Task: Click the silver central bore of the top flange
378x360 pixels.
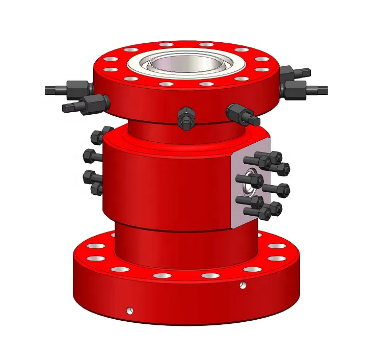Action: pyautogui.click(x=185, y=65)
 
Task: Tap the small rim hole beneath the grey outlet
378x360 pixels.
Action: pyautogui.click(x=242, y=285)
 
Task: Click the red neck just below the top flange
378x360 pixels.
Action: pyautogui.click(x=153, y=127)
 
